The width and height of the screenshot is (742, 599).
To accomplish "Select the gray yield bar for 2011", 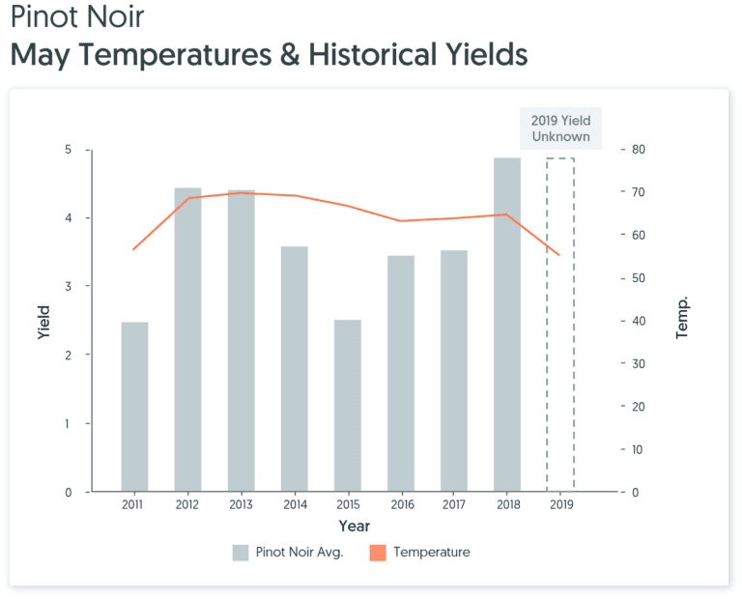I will [x=135, y=407].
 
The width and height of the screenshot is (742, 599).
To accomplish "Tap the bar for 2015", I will [x=348, y=406].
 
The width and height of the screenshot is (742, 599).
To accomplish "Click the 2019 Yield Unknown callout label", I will [x=560, y=128].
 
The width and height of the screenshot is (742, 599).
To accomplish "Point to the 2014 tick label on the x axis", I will [x=295, y=505].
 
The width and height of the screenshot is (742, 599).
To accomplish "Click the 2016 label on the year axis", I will [x=401, y=505].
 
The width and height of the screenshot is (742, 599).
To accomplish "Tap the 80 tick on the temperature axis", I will [x=639, y=150].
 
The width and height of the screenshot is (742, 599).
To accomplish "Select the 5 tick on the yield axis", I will [x=68, y=150].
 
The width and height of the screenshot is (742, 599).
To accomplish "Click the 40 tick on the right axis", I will [x=639, y=321].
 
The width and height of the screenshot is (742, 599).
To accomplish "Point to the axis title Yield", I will [x=43, y=321].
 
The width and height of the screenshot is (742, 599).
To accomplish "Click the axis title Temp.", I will [x=682, y=320].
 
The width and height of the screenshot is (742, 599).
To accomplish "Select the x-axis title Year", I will [x=354, y=527].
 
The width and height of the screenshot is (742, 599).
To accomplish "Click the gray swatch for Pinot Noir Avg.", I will [x=241, y=553].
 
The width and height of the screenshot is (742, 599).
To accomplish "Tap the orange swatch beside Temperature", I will [x=378, y=553].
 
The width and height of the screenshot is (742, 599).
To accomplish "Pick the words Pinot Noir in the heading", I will [x=76, y=18].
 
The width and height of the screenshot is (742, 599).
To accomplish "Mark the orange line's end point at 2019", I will [x=559, y=255].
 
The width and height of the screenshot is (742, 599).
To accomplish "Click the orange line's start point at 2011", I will [x=133, y=249].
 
